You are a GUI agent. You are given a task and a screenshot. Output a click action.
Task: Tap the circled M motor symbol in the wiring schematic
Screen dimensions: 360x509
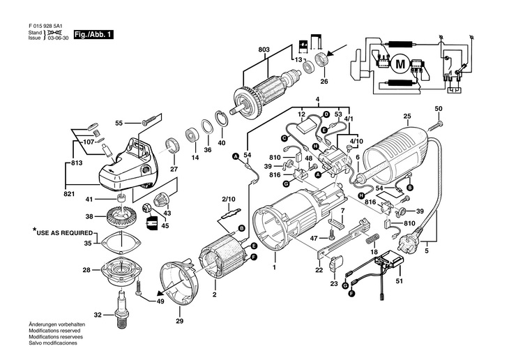(x=400, y=64)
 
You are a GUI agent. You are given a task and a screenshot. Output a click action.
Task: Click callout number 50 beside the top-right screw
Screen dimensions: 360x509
(x=439, y=109)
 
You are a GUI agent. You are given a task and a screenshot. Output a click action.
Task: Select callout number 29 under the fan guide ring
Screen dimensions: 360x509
(x=179, y=320)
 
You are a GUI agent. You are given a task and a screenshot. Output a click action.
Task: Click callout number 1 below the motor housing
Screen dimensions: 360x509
(x=274, y=267)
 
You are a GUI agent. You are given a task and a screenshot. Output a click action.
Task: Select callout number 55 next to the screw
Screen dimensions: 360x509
(x=119, y=123)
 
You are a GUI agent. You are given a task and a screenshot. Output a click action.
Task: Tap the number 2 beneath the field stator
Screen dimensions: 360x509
(x=214, y=295)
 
